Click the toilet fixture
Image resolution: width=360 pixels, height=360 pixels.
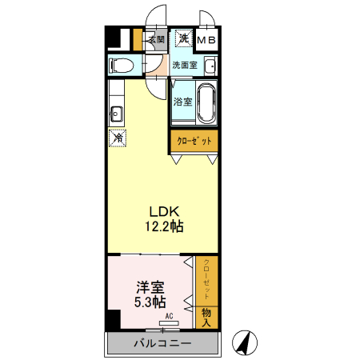122,65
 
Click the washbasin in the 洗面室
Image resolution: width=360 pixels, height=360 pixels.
211,66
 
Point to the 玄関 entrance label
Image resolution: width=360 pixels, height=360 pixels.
156,38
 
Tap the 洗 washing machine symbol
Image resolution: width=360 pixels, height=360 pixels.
183,38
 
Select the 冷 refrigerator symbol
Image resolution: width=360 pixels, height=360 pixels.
118,138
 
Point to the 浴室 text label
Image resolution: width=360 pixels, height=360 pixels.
182,102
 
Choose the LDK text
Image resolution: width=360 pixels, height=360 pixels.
158,211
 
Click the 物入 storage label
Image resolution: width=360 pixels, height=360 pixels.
206,314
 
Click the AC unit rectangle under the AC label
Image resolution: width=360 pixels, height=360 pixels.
170,323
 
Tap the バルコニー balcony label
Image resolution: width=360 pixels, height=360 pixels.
162,344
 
